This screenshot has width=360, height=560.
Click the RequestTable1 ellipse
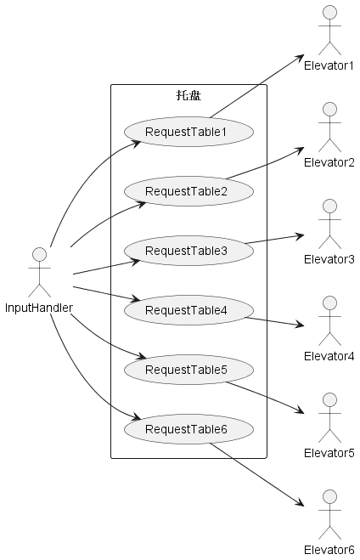[x=188, y=132]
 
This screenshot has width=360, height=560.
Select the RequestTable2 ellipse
[x=188, y=191]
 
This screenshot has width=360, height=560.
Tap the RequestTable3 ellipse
[x=188, y=251]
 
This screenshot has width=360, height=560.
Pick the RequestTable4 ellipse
[x=188, y=310]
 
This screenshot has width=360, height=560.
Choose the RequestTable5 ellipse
[x=188, y=370]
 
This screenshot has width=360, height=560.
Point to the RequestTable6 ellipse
[x=188, y=429]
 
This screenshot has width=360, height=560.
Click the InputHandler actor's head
[x=39, y=255]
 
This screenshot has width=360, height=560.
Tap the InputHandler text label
[x=39, y=308]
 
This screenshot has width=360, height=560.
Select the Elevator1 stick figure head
[x=329, y=13]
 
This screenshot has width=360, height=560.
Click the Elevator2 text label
[x=329, y=162]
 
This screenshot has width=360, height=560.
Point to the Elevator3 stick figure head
[x=329, y=206]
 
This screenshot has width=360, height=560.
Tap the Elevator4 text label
[x=329, y=356]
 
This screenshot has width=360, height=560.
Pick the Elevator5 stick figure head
[x=329, y=400]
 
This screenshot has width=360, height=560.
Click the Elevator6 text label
[x=329, y=550]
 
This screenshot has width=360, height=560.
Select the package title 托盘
[x=188, y=95]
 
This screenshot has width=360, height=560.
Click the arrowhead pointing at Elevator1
[x=300, y=58]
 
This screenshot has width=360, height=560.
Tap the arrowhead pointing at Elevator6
[x=300, y=503]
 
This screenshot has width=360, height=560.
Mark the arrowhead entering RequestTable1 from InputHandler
[x=138, y=144]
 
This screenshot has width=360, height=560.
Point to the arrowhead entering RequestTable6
[x=138, y=417]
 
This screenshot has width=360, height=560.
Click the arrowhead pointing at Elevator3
[x=300, y=235]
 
